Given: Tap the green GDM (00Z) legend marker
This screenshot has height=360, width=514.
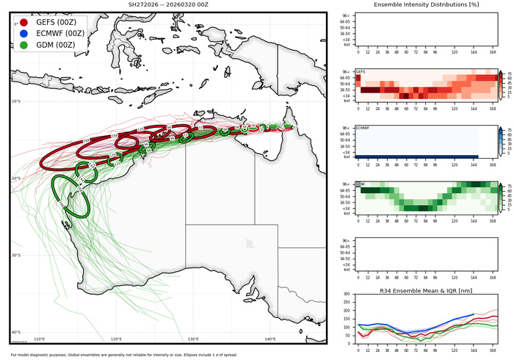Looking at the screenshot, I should click(x=24, y=45).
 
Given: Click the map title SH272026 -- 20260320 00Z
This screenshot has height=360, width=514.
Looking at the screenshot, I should click(x=167, y=5).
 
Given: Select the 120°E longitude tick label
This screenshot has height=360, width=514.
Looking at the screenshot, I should click(x=116, y=339).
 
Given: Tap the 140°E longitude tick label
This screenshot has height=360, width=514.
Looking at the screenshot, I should click(x=270, y=339).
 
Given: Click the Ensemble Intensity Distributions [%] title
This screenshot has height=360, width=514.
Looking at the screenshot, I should click(x=426, y=5).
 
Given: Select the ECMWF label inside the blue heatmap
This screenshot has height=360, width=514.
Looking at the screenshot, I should click(x=362, y=128).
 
